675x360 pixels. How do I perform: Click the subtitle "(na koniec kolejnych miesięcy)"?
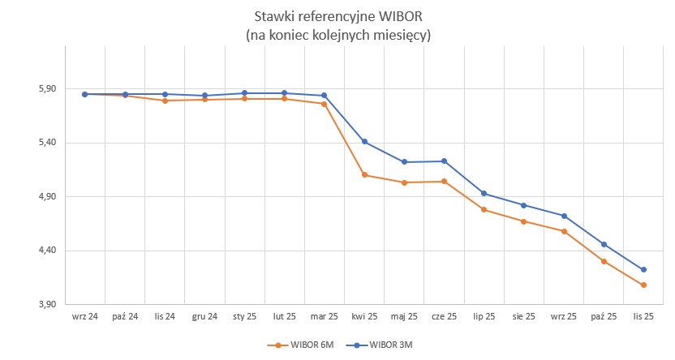coord(337,36)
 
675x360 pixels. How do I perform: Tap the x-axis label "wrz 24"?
coord(84,317)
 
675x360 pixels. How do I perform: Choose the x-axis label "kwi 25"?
coord(364,317)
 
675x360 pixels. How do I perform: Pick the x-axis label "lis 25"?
coord(643,317)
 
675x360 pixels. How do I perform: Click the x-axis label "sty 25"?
coord(244,317)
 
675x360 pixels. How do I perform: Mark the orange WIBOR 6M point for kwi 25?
coord(364,175)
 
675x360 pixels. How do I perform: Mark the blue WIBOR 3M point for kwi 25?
coord(364,142)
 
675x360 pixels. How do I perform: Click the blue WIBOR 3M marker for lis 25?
coord(643,270)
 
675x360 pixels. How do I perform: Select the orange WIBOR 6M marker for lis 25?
coord(643,285)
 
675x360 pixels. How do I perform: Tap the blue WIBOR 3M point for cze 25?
coord(444,161)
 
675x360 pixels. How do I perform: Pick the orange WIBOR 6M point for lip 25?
coord(484,210)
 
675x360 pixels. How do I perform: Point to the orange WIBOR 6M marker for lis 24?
coord(165,101)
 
